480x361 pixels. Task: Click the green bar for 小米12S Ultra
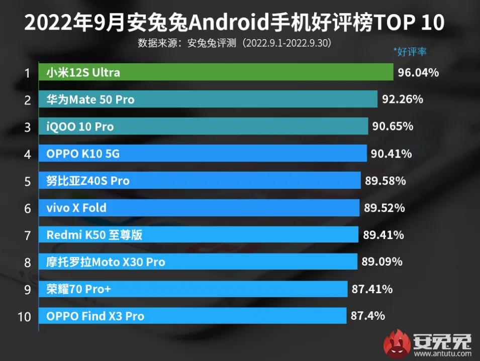coord(216,72)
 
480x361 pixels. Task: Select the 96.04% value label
coord(418,72)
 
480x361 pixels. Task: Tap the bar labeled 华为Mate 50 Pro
coord(208,99)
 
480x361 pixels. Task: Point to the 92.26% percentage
coord(402,99)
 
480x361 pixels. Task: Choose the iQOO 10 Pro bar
coord(203,127)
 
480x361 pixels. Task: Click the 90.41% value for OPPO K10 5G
coord(391,153)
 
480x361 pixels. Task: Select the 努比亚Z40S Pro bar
coord(200,180)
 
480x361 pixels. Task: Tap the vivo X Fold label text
coord(76,207)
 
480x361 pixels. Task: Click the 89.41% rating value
coord(383,234)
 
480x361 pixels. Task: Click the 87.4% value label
coord(368,316)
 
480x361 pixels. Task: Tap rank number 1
coord(27,73)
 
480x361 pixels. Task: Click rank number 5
coord(27,181)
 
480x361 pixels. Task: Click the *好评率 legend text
coord(410,51)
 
